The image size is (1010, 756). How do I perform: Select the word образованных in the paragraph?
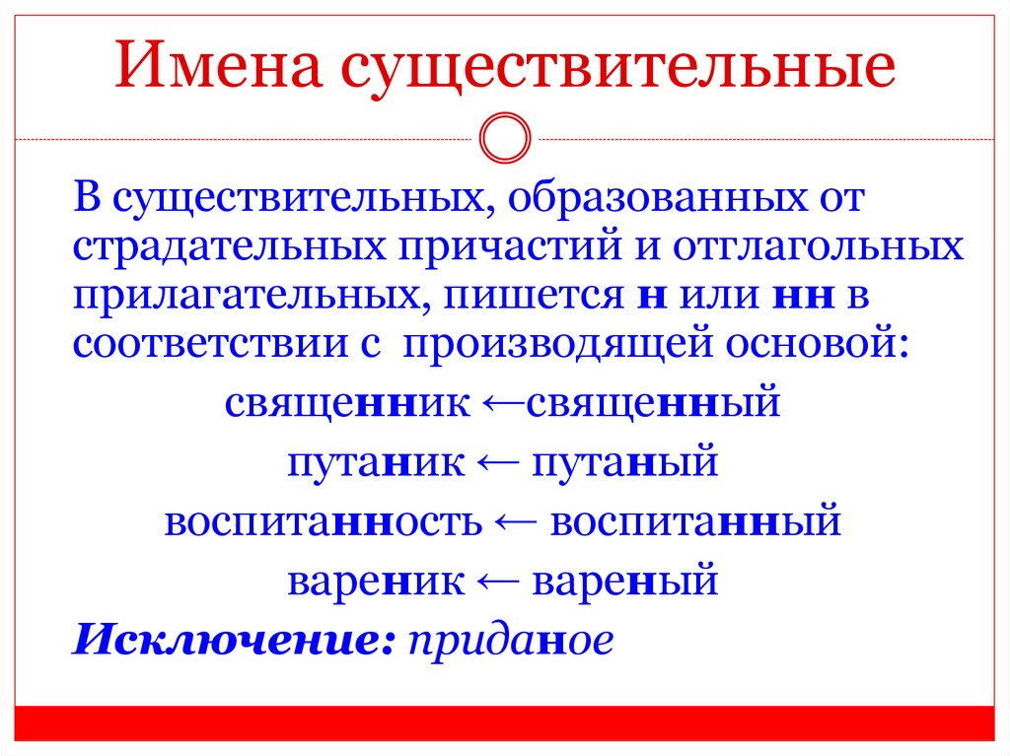(x=652, y=200)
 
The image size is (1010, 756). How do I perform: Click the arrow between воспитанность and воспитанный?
(x=516, y=520)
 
